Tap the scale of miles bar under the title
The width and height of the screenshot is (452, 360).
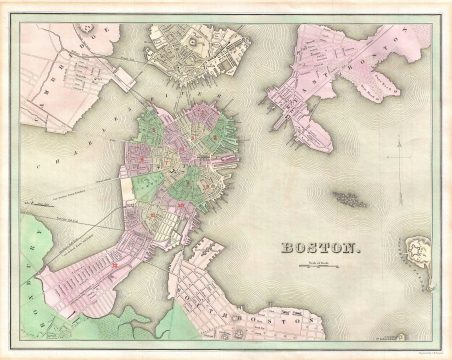pyautogui.click(x=316, y=264)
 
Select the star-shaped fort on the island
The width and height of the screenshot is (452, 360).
pyautogui.click(x=419, y=247)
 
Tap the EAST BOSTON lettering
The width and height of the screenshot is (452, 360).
pyautogui.click(x=340, y=75)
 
